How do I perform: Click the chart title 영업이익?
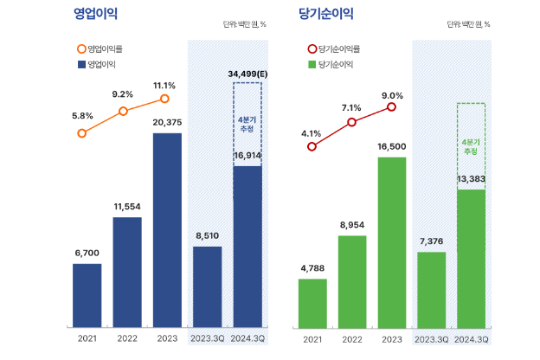(x=96, y=14)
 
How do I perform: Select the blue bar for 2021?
(x=87, y=295)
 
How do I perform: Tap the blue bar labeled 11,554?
(x=127, y=272)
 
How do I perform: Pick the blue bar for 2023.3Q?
(x=207, y=286)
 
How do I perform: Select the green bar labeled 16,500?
(x=392, y=242)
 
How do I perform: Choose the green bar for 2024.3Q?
(x=471, y=258)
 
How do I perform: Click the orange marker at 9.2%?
(x=124, y=111)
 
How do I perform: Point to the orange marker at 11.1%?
(x=164, y=99)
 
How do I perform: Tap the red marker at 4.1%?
(x=312, y=146)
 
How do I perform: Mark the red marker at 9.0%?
(x=392, y=107)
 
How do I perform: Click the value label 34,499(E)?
(x=247, y=74)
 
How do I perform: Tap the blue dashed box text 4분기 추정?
(x=247, y=122)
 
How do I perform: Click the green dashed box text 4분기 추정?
(x=471, y=145)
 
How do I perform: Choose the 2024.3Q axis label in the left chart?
(x=247, y=339)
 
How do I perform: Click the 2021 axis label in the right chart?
(x=312, y=339)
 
